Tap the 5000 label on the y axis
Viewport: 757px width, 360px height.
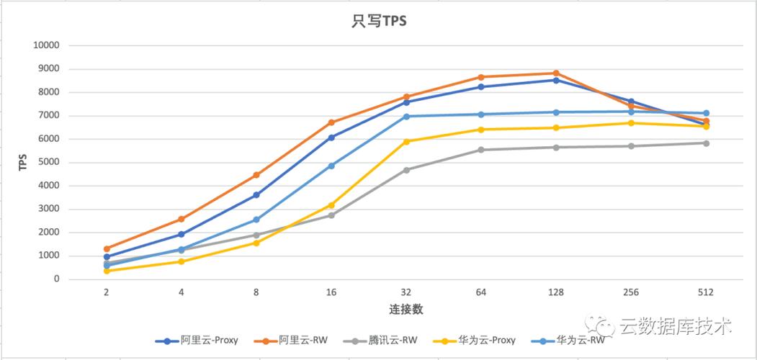click(x=50, y=163)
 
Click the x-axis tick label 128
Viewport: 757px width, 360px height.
click(x=555, y=292)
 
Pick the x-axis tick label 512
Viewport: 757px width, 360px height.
click(x=705, y=292)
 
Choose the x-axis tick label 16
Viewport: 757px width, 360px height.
click(x=331, y=292)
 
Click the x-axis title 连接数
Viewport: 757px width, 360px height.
click(x=406, y=310)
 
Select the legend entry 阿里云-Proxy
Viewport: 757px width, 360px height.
click(x=209, y=341)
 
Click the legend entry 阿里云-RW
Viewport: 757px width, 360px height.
click(x=300, y=341)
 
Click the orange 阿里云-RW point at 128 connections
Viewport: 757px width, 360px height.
click(x=555, y=73)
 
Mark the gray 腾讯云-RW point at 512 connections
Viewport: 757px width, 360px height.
click(x=706, y=143)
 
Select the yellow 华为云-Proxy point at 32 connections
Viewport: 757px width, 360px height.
click(x=406, y=142)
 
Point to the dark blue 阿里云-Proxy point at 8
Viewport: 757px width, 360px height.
click(x=256, y=195)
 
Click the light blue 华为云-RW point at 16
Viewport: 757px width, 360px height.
click(x=331, y=166)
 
